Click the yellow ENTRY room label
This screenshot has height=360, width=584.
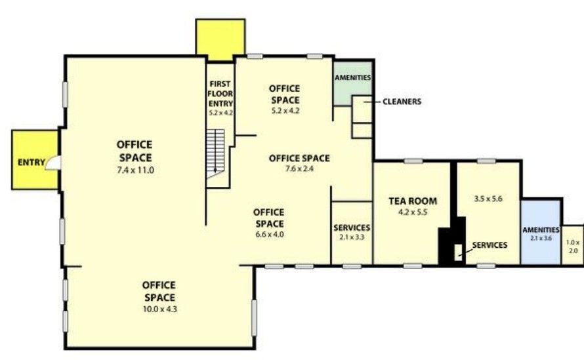click(31, 163)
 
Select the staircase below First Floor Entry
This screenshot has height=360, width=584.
click(215, 154)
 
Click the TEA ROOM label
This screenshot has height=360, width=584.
click(413, 201)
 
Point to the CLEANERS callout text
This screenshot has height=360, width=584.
click(402, 101)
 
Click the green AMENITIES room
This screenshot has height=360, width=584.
click(352, 83)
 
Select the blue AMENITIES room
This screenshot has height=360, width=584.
click(541, 232)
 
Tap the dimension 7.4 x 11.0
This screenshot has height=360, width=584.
click(136, 170)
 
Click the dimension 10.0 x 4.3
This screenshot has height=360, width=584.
click(160, 309)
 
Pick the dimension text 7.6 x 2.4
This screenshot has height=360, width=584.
click(299, 169)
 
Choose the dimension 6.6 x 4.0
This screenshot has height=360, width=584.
click(270, 235)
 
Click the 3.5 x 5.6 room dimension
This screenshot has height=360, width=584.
click(488, 199)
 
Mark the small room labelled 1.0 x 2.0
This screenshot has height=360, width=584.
click(573, 245)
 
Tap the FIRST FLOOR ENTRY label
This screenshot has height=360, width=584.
click(220, 94)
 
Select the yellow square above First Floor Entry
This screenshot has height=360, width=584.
click(220, 40)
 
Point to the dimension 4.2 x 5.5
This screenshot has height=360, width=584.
click(413, 212)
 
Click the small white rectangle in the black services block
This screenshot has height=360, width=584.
click(458, 252)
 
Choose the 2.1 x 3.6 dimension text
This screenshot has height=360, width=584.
click(541, 238)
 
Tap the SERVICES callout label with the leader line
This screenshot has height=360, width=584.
click(490, 245)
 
